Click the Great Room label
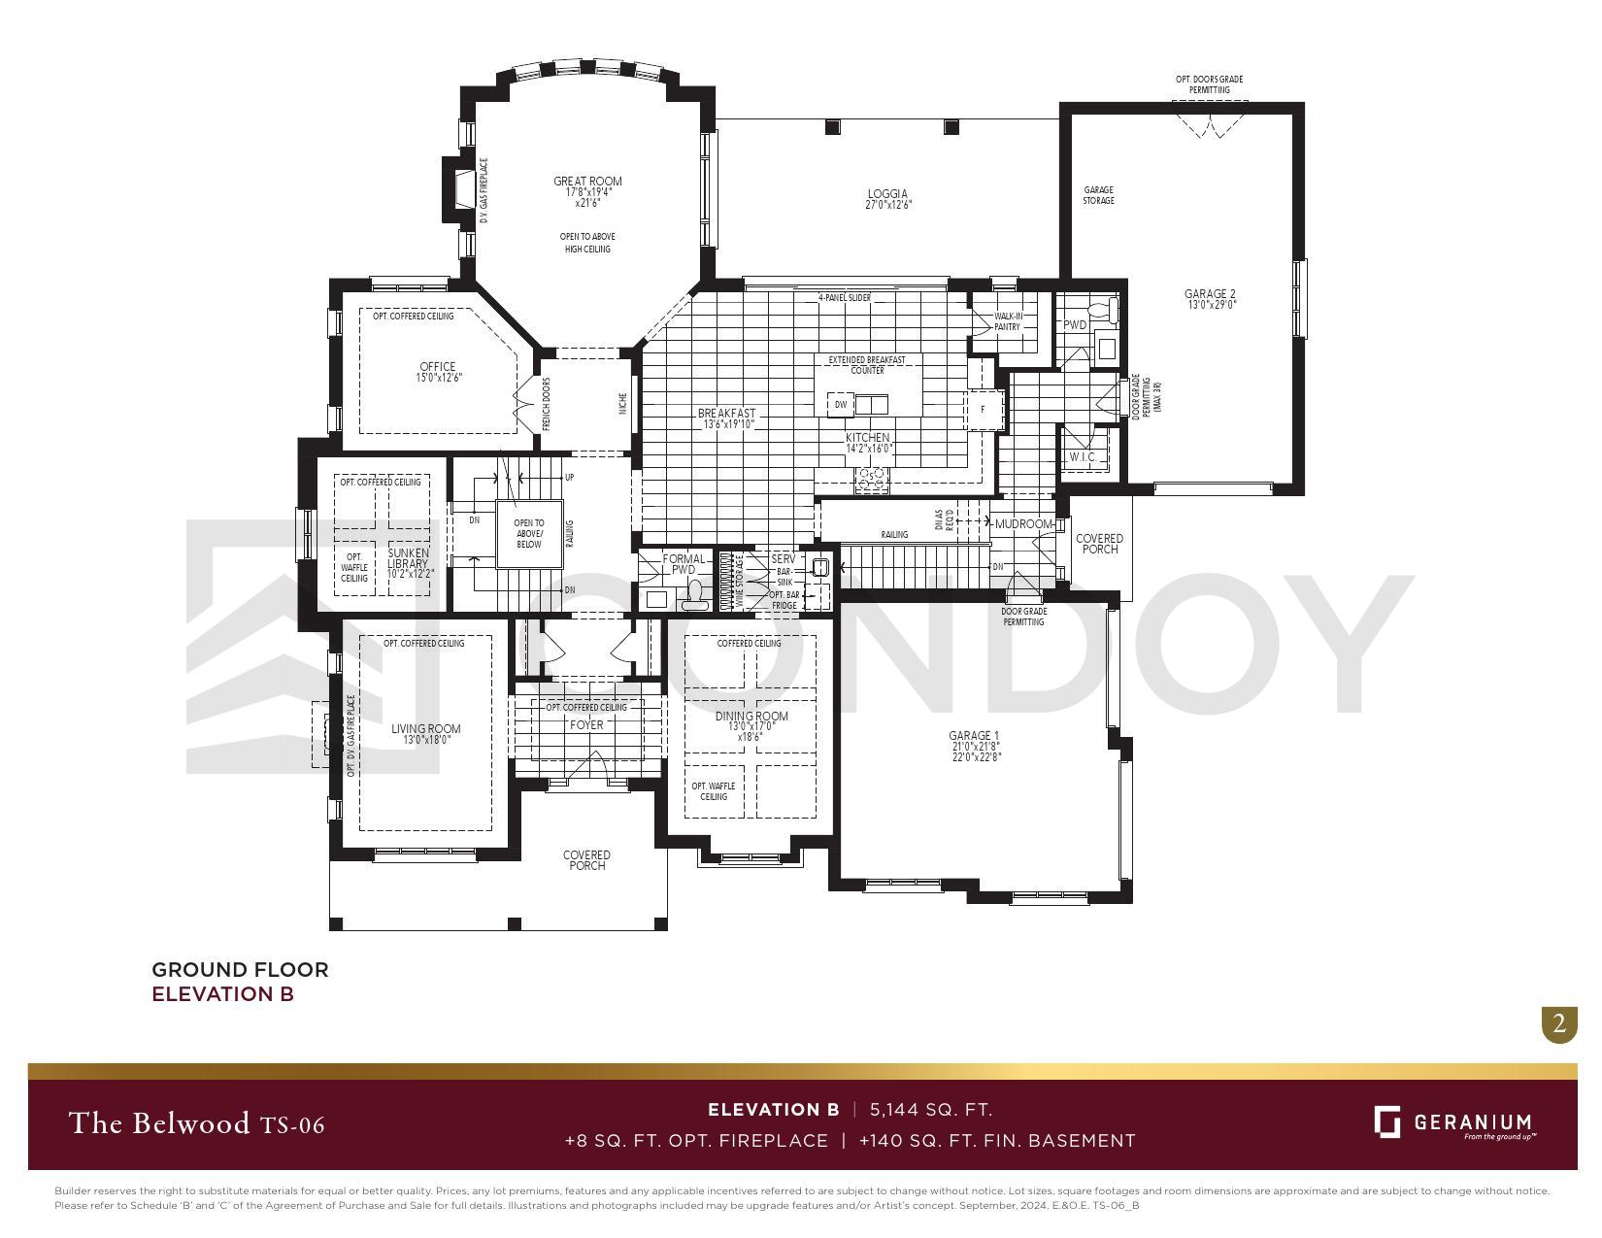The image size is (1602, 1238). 587,182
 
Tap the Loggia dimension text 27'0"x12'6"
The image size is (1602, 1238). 888,205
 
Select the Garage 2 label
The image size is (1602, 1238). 1210,294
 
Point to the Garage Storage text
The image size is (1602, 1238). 1099,195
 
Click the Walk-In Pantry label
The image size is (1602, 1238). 1007,321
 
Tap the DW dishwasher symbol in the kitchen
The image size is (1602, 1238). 841,404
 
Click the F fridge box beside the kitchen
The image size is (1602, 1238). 982,410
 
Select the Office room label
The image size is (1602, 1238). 438,367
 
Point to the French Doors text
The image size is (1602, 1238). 547,405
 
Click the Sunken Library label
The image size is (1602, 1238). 408,558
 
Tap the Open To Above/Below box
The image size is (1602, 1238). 529,534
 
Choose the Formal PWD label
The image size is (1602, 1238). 684,564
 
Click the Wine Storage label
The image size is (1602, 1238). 739,582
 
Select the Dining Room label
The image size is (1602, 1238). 751,717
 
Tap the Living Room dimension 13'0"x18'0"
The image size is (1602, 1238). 426,740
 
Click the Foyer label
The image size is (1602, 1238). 586,724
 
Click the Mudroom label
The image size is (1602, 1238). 1023,524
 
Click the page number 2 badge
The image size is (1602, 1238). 1559,1023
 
